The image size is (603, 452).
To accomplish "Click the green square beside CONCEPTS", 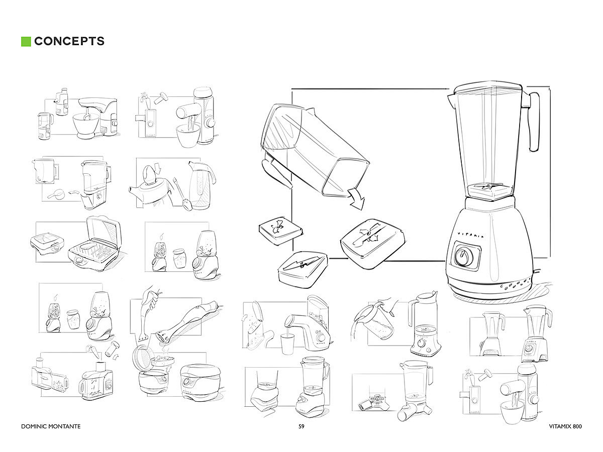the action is pyautogui.click(x=26, y=42).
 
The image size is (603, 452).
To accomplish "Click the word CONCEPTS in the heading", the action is pyautogui.click(x=69, y=41).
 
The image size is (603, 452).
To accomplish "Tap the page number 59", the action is pyautogui.click(x=301, y=426).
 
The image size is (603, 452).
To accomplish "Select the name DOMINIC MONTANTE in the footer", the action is pyautogui.click(x=51, y=426).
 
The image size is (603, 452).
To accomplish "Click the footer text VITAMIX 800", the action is pyautogui.click(x=565, y=426).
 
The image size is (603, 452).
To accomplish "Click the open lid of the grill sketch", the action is pyautogui.click(x=104, y=232).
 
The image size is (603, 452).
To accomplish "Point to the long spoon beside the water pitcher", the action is pyautogui.click(x=182, y=194).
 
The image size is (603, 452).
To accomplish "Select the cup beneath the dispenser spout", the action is pyautogui.click(x=287, y=344).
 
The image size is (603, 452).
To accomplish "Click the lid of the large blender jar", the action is pyautogui.click(x=487, y=88).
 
